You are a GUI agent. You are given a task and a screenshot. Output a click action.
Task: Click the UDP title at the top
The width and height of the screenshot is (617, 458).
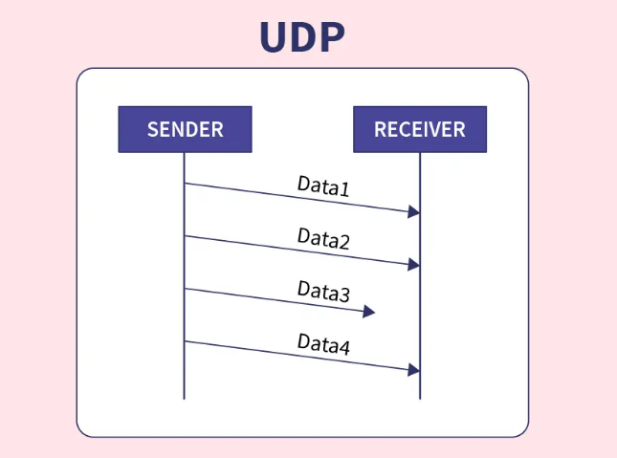click(x=302, y=36)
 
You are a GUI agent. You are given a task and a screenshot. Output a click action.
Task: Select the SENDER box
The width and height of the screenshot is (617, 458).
click(x=185, y=129)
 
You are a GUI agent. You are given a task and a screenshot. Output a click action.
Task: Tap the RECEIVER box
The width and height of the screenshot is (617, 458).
click(x=420, y=129)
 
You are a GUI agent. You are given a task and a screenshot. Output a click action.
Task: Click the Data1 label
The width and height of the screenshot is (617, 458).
click(x=323, y=186)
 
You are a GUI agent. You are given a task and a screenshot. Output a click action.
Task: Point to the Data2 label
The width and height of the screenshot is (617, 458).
click(x=323, y=238)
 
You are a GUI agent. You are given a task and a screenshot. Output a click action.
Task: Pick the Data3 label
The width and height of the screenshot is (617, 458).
click(x=323, y=292)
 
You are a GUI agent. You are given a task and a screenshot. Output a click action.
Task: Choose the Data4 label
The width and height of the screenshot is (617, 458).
click(x=323, y=344)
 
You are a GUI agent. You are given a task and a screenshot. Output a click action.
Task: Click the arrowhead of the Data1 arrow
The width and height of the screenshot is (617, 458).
click(x=413, y=211)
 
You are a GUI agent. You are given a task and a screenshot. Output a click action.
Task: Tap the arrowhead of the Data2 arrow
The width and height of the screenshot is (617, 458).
click(x=413, y=265)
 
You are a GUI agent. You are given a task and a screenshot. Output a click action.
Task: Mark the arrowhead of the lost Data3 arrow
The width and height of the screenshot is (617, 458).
click(x=368, y=312)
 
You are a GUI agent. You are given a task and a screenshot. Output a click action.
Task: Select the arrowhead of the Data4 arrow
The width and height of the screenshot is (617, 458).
click(x=413, y=370)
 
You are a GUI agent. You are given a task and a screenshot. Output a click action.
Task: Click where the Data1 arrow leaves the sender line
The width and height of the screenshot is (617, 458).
click(x=185, y=183)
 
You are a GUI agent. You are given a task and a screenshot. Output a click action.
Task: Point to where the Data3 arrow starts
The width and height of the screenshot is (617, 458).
click(x=185, y=289)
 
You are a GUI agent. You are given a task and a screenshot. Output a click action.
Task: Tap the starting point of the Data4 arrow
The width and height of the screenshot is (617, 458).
click(x=185, y=341)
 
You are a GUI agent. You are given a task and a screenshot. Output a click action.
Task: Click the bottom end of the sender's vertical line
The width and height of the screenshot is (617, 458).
click(x=184, y=399)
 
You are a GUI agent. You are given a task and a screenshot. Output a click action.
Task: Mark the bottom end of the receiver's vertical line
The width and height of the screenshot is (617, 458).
click(x=420, y=399)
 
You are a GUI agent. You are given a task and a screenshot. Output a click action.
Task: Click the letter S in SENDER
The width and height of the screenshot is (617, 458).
click(x=152, y=129)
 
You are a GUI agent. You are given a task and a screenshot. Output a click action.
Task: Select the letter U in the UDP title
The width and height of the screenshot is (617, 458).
click(x=273, y=36)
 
